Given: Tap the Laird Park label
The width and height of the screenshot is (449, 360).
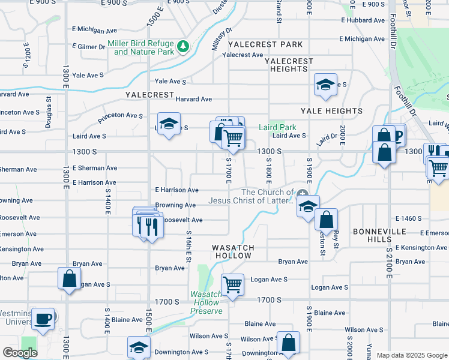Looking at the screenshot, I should point(277,127).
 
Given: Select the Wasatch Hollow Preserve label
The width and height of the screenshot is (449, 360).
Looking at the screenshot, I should point(206,302).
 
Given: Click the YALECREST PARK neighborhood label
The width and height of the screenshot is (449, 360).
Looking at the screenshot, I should point(265,44).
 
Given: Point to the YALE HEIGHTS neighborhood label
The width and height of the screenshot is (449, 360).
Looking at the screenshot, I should point(331,111).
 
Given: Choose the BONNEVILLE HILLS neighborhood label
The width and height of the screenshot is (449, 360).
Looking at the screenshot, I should point(384,232).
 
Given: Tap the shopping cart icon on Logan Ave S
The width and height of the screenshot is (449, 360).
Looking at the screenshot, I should point(232,284).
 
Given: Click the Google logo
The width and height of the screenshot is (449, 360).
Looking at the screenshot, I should point(20,353).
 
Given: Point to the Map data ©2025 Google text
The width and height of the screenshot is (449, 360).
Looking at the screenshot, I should point(411,355).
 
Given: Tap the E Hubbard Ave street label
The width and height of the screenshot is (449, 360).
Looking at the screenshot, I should point(363,20).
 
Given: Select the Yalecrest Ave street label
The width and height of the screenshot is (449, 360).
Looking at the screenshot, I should point(243,55).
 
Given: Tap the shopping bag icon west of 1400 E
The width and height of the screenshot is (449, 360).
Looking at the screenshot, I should point(69,278).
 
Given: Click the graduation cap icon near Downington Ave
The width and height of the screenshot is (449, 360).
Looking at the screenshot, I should point(138,347).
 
